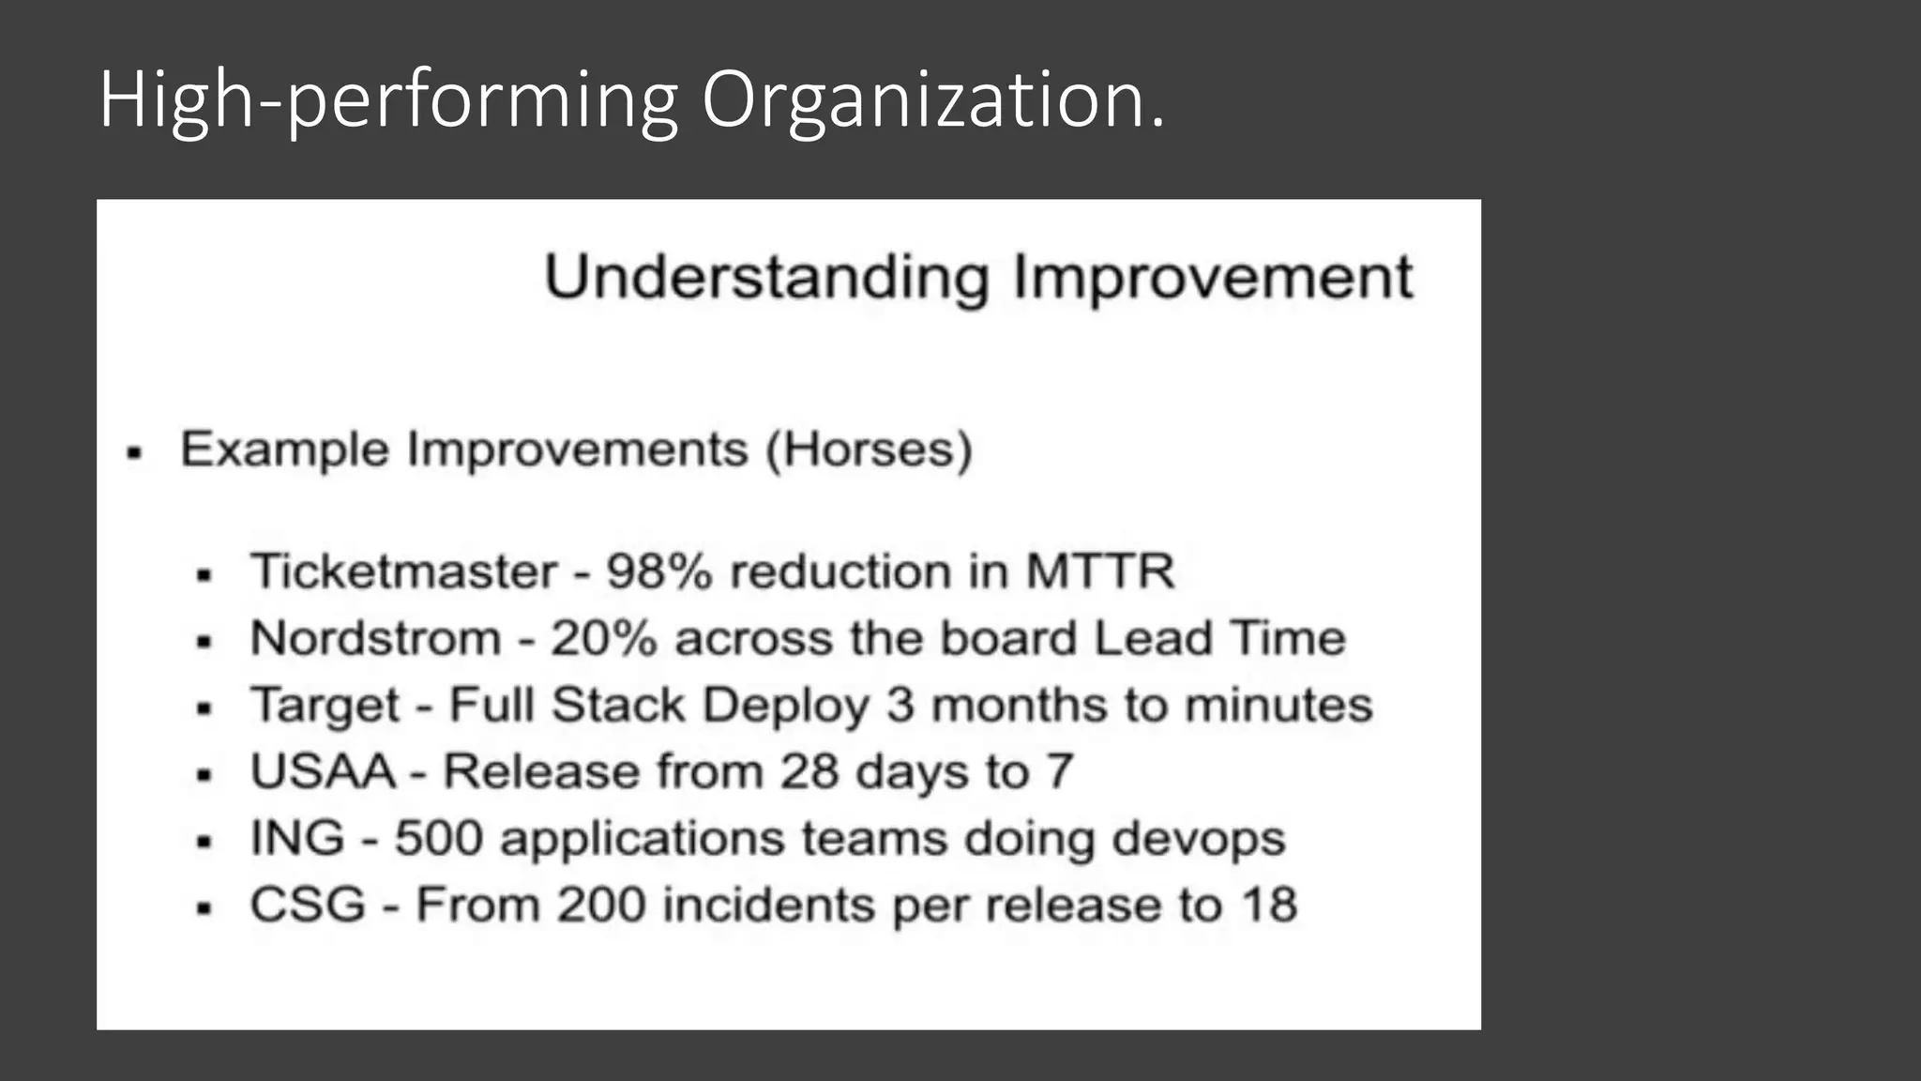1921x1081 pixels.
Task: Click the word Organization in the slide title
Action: pyautogui.click(x=933, y=100)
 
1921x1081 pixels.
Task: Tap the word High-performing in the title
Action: pyautogui.click(x=388, y=100)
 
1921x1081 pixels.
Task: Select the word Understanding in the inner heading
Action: pyautogui.click(x=766, y=278)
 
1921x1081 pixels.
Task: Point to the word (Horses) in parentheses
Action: pyautogui.click(x=869, y=449)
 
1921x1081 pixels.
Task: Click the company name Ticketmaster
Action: pyautogui.click(x=403, y=571)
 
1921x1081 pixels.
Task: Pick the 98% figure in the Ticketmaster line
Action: pyautogui.click(x=658, y=571)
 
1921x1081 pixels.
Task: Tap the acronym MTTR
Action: pyautogui.click(x=1099, y=571)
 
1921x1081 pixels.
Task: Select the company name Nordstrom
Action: pyautogui.click(x=375, y=639)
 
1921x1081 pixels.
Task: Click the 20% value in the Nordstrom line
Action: pyautogui.click(x=603, y=639)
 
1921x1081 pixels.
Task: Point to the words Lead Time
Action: pyautogui.click(x=1219, y=639)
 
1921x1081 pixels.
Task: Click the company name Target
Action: pyautogui.click(x=325, y=706)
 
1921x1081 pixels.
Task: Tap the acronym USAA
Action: pyautogui.click(x=323, y=772)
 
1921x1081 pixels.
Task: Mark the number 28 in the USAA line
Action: pyautogui.click(x=809, y=772)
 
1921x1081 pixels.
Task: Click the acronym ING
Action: pyautogui.click(x=297, y=839)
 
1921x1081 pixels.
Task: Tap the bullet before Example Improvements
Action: pyautogui.click(x=134, y=454)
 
